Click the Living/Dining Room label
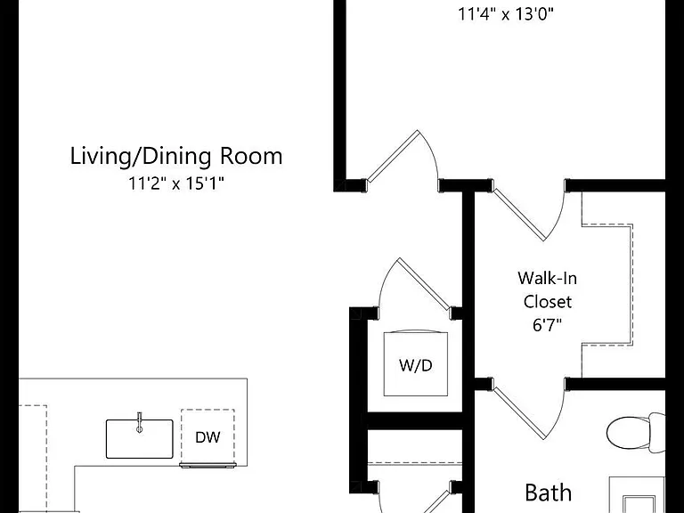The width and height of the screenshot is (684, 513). (x=176, y=156)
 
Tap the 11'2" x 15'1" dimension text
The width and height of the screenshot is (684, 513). (x=176, y=183)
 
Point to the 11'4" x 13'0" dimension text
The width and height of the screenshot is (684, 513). (x=506, y=14)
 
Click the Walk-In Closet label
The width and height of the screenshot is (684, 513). (x=548, y=289)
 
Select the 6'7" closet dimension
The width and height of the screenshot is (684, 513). (x=548, y=324)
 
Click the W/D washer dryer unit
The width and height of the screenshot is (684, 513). (x=416, y=363)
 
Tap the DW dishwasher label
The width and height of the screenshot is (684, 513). (x=208, y=437)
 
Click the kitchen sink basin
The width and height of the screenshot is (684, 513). (x=140, y=439)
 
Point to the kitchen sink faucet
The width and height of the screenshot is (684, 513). (x=140, y=422)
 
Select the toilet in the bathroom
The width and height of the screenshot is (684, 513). (x=637, y=432)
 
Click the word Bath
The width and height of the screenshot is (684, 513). (x=549, y=493)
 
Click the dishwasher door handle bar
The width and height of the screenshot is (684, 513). (x=208, y=466)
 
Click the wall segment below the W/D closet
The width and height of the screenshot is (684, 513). (x=415, y=420)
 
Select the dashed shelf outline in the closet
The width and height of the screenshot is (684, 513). (x=607, y=284)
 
